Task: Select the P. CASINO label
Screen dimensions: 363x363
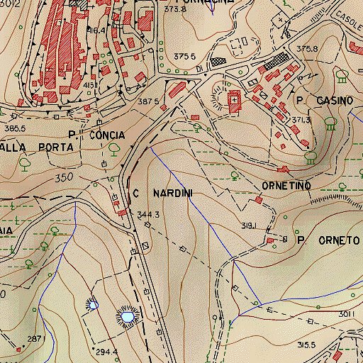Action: click(325, 101)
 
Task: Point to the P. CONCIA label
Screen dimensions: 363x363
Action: click(96, 135)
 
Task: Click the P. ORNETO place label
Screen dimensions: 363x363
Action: click(329, 240)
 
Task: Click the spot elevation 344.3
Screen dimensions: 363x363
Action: click(147, 214)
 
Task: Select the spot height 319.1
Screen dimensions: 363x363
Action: click(247, 226)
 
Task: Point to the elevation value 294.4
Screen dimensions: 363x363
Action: click(107, 352)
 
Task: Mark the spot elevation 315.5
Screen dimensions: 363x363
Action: click(306, 345)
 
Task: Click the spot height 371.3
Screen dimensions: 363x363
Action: click(302, 121)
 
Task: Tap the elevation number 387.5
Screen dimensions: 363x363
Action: click(147, 101)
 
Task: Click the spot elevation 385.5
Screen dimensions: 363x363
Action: click(14, 128)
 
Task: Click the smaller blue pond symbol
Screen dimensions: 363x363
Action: click(91, 304)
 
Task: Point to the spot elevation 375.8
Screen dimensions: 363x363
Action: click(308, 49)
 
